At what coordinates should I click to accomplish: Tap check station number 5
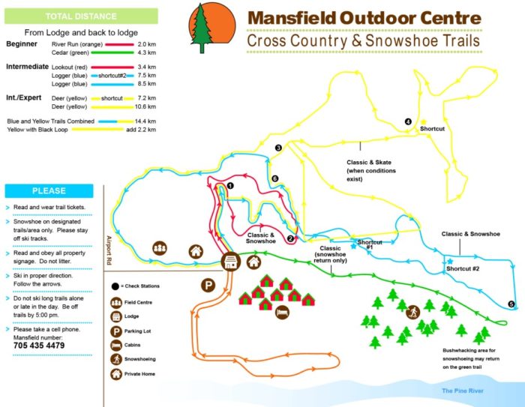pos(511,304)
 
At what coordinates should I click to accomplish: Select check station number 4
pos(409,121)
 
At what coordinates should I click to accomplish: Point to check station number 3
pos(277,148)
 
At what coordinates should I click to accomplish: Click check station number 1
pos(231,185)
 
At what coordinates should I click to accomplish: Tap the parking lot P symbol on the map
pos(206,285)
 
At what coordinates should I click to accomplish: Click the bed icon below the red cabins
pos(281,311)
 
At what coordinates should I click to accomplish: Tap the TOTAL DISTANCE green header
pos(80,16)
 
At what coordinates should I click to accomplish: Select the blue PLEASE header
pos(49,190)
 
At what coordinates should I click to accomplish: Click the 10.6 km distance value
pos(145,106)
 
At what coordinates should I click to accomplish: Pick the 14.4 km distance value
pos(145,121)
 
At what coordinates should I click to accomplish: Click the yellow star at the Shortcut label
pos(423,122)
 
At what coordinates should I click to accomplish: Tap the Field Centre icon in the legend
pos(117,304)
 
